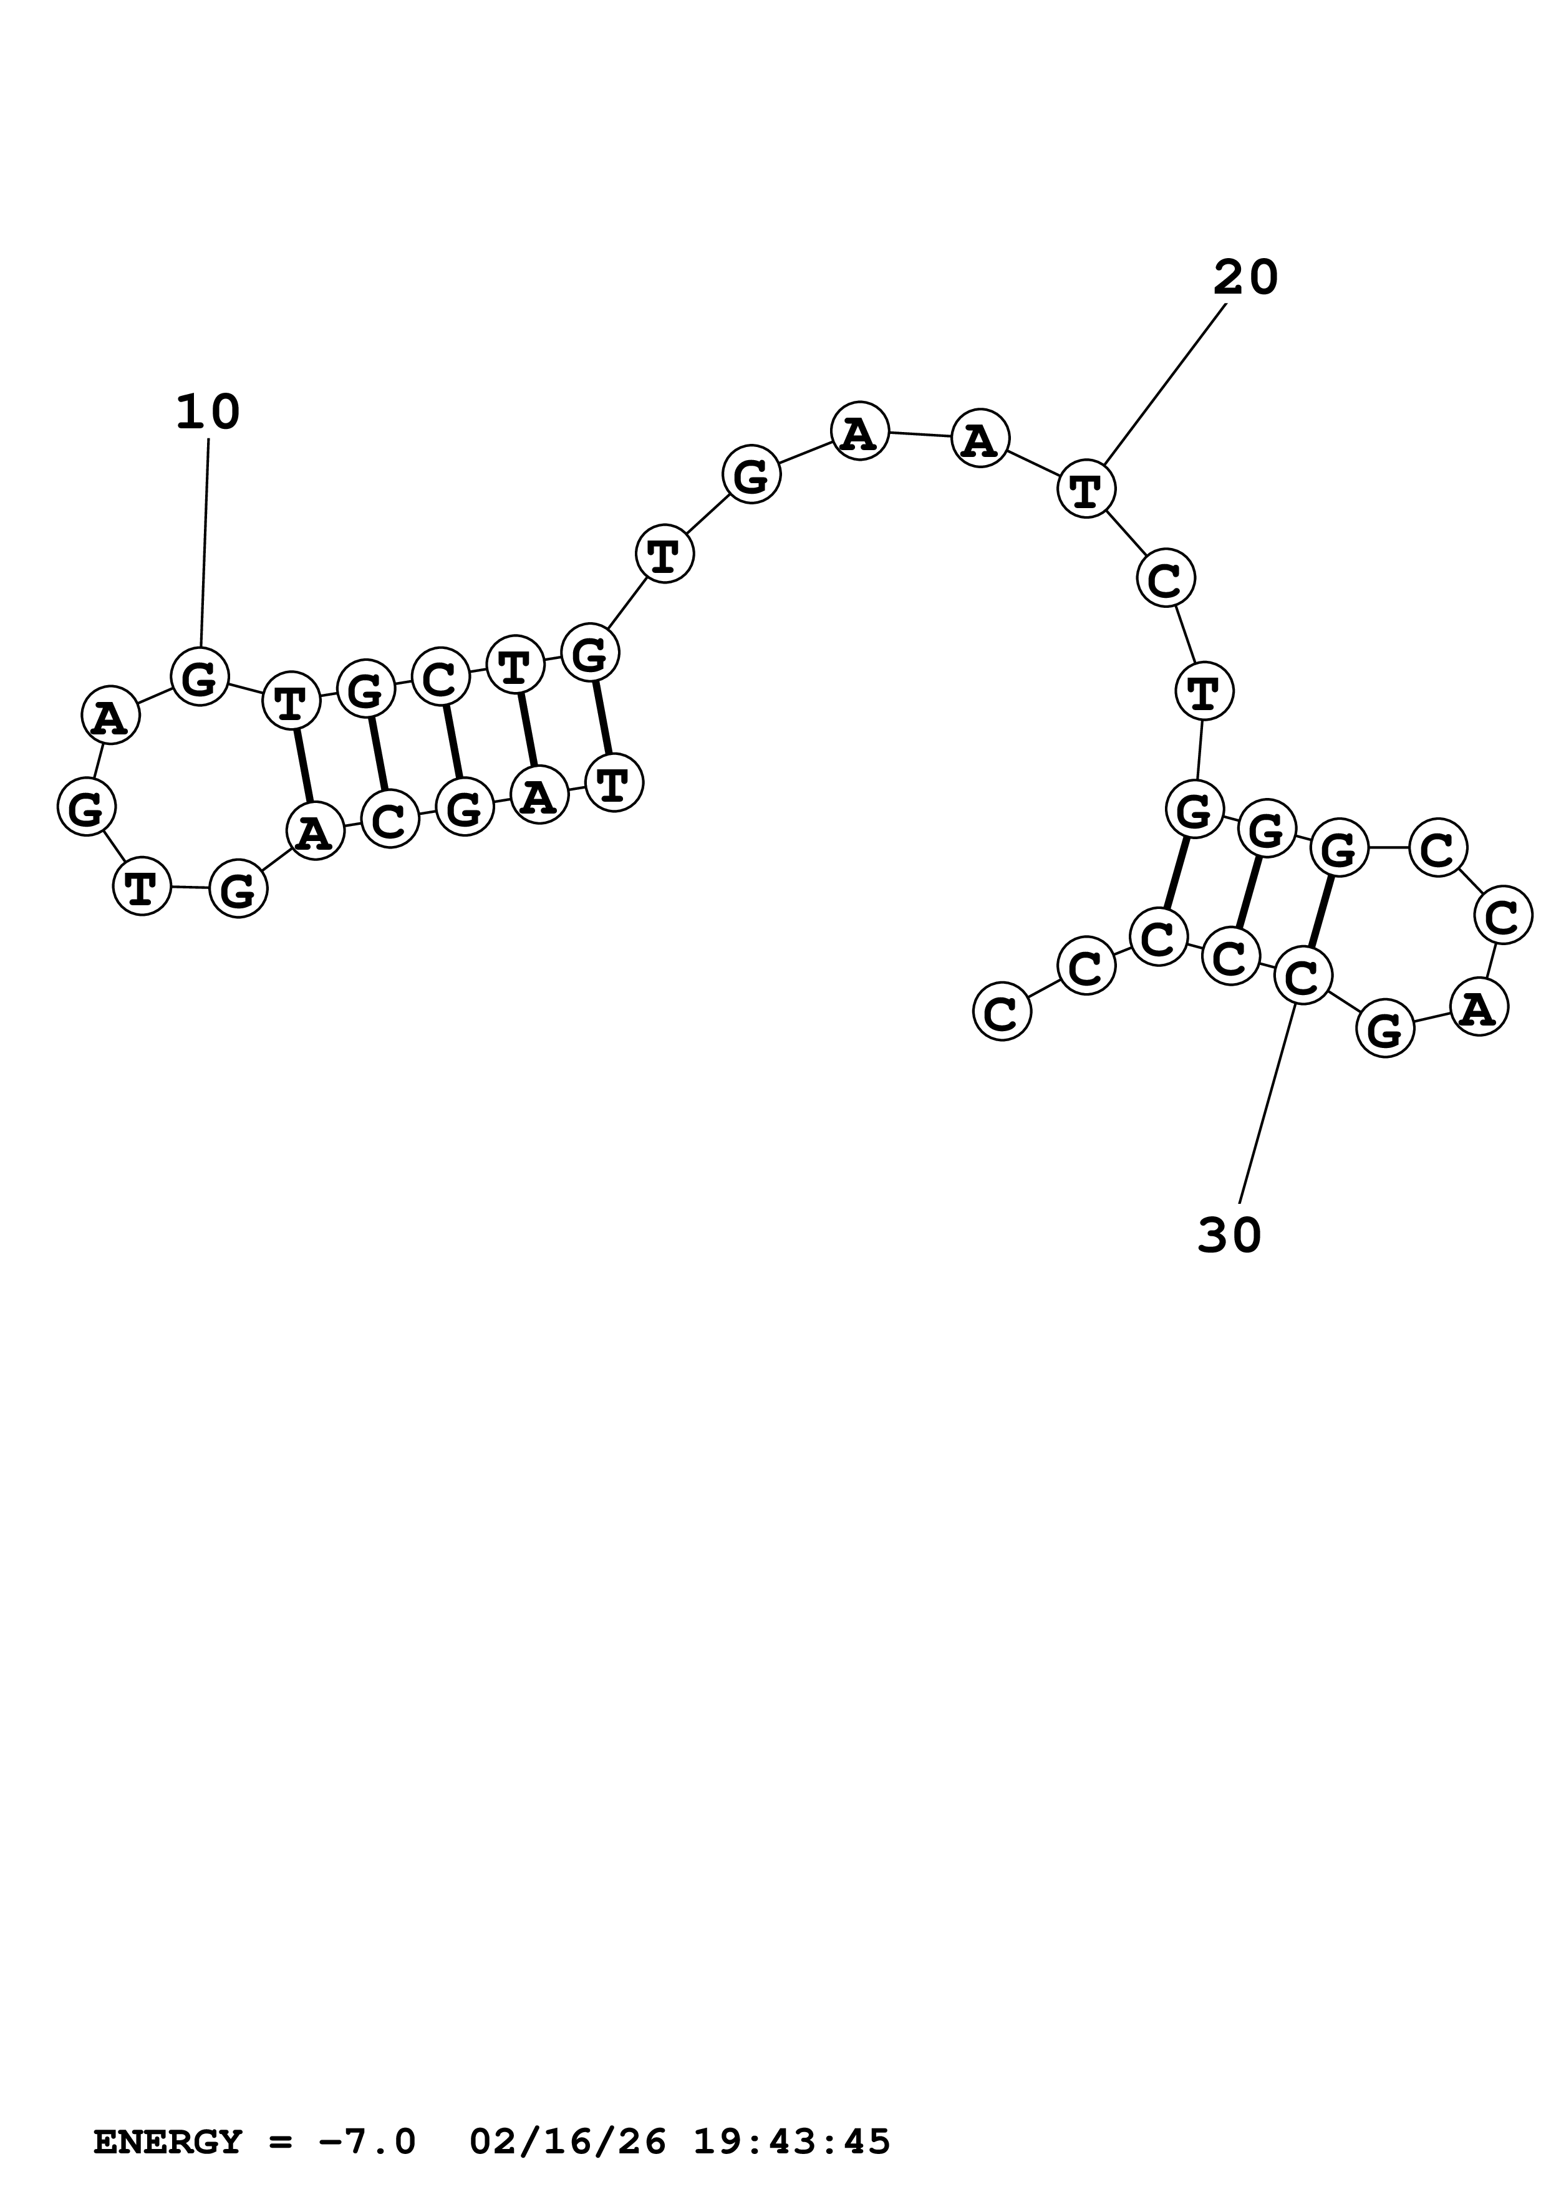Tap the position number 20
pyautogui.click(x=1245, y=278)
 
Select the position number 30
pyautogui.click(x=1229, y=1236)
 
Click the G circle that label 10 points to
pyautogui.click(x=200, y=677)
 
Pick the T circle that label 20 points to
pyautogui.click(x=1086, y=489)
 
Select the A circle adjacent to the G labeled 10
pyautogui.click(x=110, y=715)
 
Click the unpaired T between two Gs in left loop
pyautogui.click(x=142, y=886)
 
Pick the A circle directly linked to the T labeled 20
pyautogui.click(x=980, y=438)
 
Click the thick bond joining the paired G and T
pyautogui.click(x=602, y=717)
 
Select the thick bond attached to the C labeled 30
pyautogui.click(x=1320, y=911)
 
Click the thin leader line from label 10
pyautogui.click(x=205, y=543)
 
